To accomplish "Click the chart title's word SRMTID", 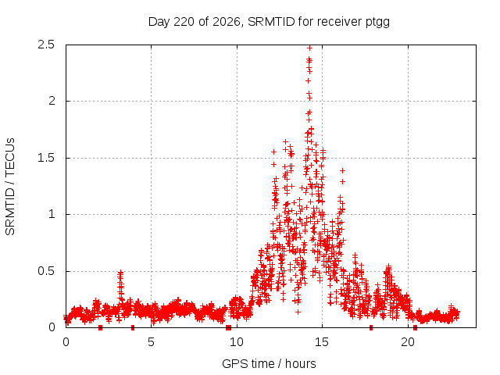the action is point(271,22).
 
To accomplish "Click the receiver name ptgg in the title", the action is point(377,23).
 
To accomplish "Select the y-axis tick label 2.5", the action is point(46,45).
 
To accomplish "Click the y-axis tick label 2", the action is point(52,101).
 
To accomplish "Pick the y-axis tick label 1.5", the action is point(46,158).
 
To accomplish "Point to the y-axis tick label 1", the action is point(52,214).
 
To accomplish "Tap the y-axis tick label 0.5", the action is point(46,271).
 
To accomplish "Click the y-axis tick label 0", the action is point(52,327).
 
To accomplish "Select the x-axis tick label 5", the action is point(151,342).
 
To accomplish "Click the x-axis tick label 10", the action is point(237,342).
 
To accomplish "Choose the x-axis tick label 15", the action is point(322,342).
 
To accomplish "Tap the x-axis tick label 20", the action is point(408,342).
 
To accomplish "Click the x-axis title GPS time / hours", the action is point(269,363).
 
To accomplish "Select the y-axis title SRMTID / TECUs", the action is point(10,187).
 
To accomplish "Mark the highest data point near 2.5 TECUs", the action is point(309,48).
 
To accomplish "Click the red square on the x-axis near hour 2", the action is point(101,328).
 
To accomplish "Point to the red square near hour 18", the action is point(371,328).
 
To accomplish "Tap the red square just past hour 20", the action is point(415,328).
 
